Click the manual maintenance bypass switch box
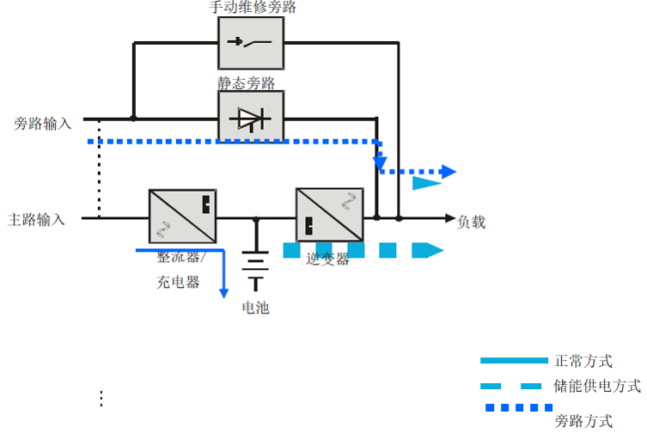(250, 43)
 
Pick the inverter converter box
(324, 214)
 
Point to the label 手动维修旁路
(253, 8)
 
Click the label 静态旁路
(247, 83)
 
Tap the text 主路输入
(37, 219)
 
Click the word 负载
(472, 223)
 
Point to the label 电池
(255, 307)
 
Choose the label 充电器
(178, 282)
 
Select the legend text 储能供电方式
(598, 387)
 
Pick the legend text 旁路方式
(584, 421)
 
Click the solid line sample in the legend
(514, 360)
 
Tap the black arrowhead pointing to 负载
(449, 219)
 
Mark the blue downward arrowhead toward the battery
(224, 292)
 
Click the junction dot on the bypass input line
(133, 118)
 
